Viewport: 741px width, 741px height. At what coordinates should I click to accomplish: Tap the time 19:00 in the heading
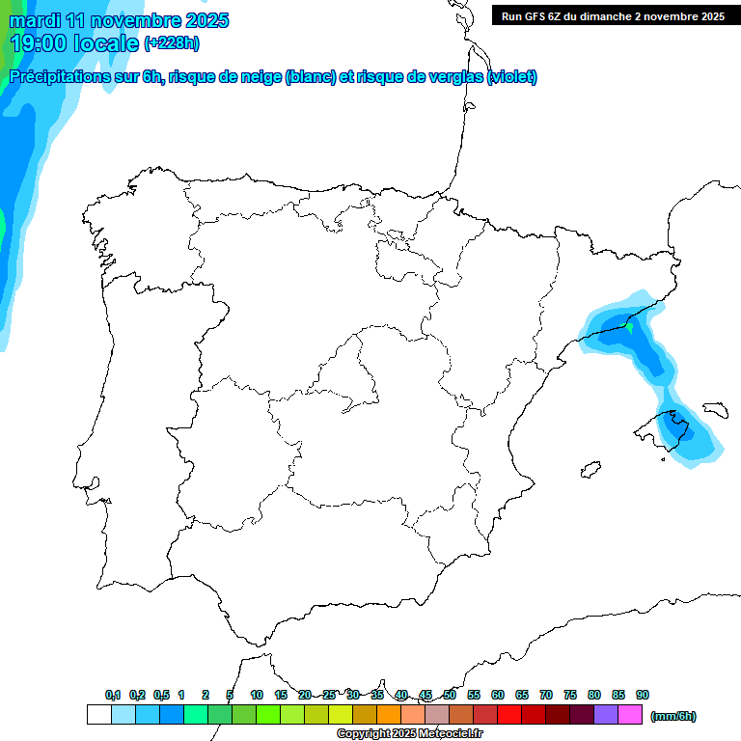coord(41,42)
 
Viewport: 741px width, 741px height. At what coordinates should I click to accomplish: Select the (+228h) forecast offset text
coord(171,43)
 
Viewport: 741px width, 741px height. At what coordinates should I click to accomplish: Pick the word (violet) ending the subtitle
coord(512,77)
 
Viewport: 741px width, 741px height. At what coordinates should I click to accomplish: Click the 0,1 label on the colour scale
coord(113,695)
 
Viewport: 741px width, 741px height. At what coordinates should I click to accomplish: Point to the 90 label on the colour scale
coord(643,695)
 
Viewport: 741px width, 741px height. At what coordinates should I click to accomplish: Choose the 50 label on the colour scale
coord(450,695)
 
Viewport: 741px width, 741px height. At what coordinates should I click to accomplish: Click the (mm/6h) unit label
coord(673,716)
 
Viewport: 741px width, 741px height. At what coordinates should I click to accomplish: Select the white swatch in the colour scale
coord(98,715)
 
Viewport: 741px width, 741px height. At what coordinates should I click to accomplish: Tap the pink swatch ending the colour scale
coord(630,715)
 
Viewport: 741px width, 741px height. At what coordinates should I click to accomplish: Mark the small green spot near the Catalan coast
coord(629,328)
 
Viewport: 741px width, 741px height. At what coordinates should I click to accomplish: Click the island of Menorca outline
coord(715,410)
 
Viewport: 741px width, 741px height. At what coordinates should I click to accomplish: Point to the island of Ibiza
coord(586,470)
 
